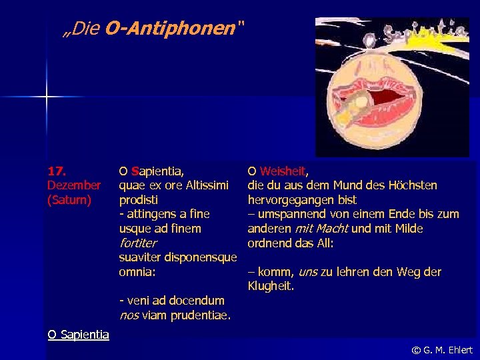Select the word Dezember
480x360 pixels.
74,185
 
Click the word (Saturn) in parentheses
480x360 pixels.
69,199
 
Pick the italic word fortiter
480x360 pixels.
137,243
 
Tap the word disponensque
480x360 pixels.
201,257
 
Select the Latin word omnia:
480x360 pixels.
137,272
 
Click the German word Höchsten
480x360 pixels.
413,185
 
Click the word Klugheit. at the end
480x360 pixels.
271,287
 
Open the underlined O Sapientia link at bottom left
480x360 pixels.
78,335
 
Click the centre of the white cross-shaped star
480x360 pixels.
47,97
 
